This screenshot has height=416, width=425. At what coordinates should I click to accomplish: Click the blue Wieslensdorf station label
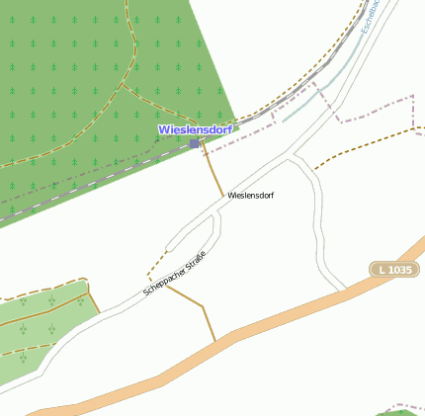pyautogui.click(x=196, y=129)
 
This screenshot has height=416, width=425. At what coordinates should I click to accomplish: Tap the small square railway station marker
pyautogui.click(x=194, y=143)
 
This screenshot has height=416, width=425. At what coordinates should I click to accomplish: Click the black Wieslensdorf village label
pyautogui.click(x=250, y=196)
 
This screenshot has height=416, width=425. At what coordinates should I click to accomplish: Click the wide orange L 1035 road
pyautogui.click(x=297, y=314)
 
